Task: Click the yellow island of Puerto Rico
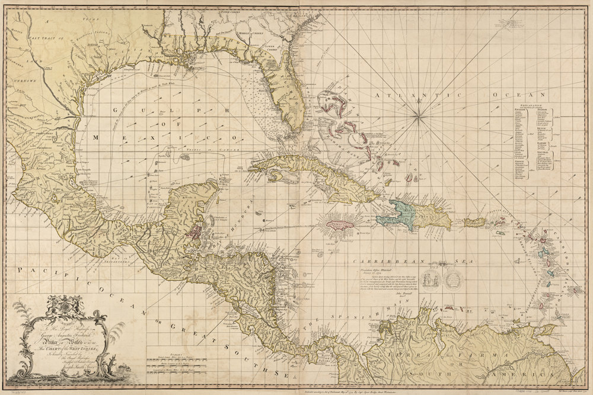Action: [475, 222]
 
